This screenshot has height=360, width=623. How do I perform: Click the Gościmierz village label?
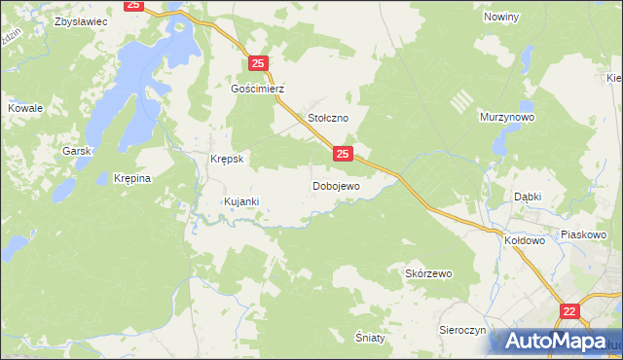pyautogui.click(x=257, y=88)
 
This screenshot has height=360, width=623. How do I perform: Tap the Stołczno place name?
pyautogui.click(x=328, y=117)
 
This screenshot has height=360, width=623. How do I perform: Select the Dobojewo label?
pyautogui.click(x=336, y=185)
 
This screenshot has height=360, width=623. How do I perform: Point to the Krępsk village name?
pyautogui.click(x=226, y=158)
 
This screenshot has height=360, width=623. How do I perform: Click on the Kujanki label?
pyautogui.click(x=240, y=201)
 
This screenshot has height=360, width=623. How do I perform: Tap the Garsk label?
pyautogui.click(x=76, y=151)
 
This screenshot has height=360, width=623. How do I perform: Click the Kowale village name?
pyautogui.click(x=25, y=108)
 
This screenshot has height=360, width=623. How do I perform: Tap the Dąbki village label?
pyautogui.click(x=529, y=196)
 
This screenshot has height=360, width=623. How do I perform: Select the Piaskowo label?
pyautogui.click(x=584, y=234)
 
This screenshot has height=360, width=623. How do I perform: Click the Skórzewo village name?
pyautogui.click(x=428, y=273)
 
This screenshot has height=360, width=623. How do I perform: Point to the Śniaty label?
pyautogui.click(x=370, y=336)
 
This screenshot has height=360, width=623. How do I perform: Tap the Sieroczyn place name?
pyautogui.click(x=461, y=330)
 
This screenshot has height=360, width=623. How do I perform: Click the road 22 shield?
pyautogui.click(x=570, y=311)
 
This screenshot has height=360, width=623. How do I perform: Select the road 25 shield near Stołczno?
pyautogui.click(x=342, y=153)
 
